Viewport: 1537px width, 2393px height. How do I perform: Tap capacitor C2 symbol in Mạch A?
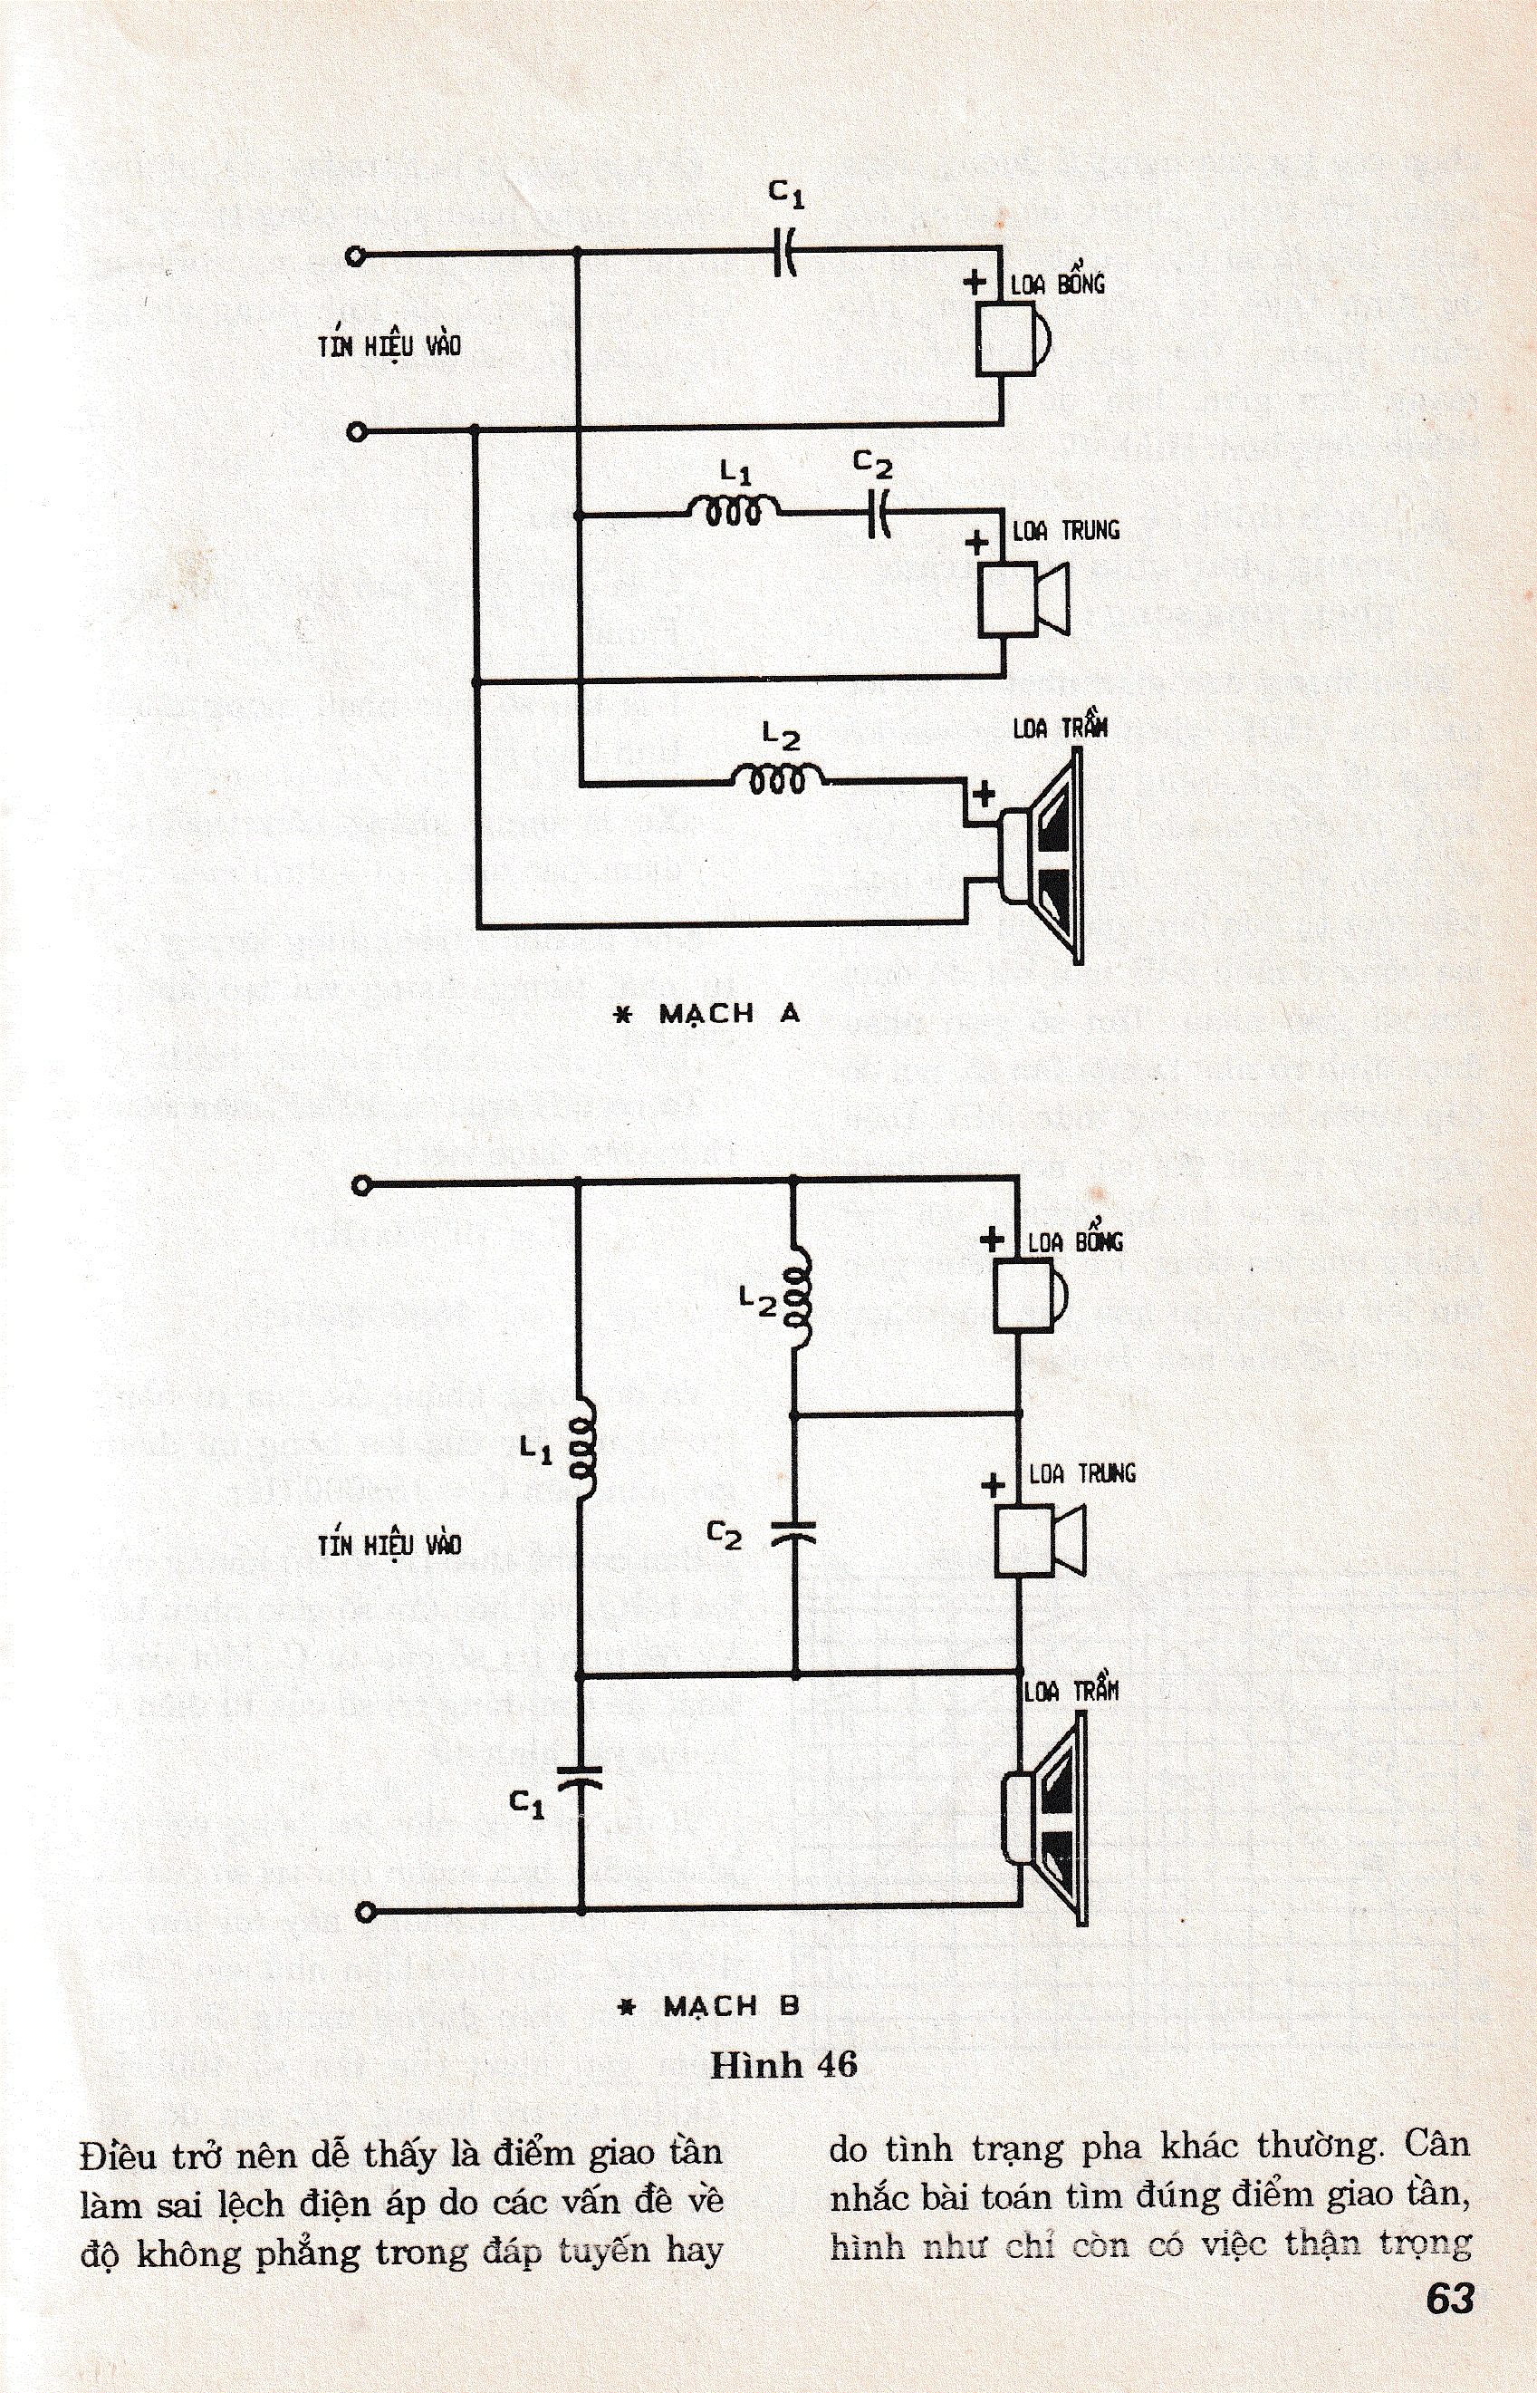click(x=878, y=514)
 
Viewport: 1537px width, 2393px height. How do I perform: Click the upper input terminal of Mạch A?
click(x=355, y=256)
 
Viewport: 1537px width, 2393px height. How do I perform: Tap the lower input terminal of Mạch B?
click(x=362, y=1911)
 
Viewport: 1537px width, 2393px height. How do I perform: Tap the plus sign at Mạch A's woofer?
click(x=983, y=794)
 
